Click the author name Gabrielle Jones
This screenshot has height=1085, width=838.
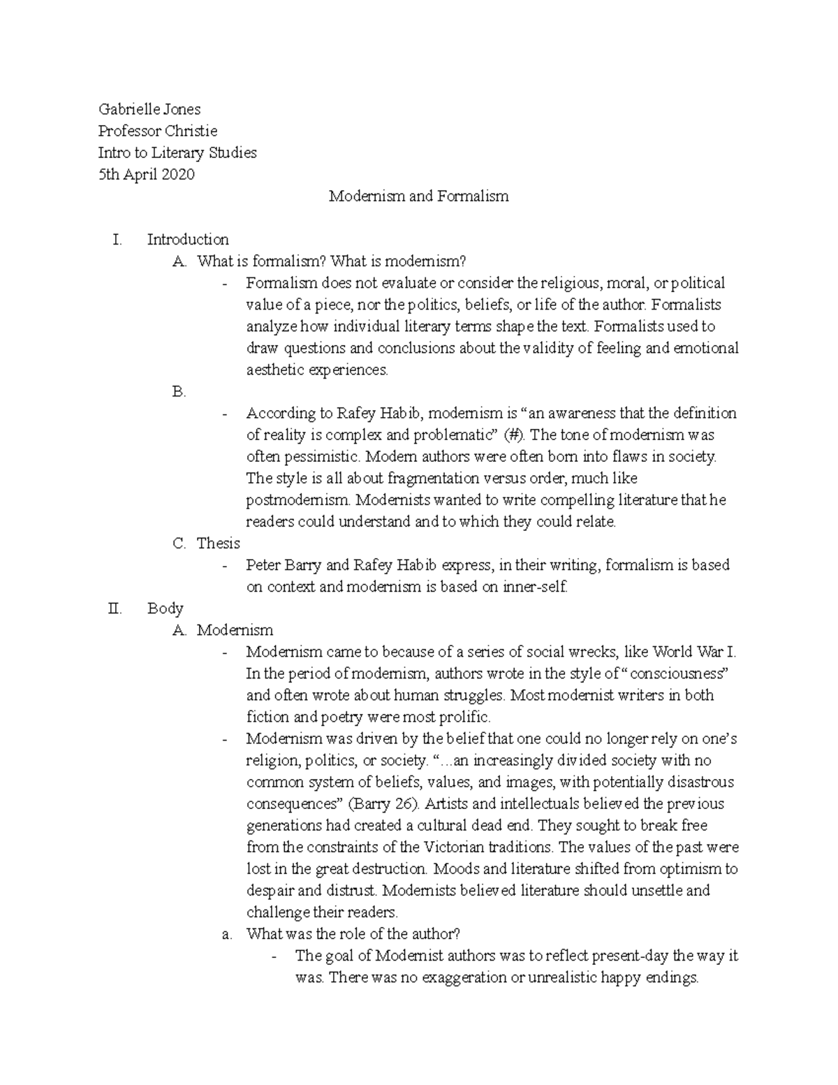coord(149,109)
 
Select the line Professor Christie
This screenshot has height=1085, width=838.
coord(157,131)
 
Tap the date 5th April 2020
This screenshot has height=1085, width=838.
coord(146,174)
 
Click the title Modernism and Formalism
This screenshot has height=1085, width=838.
coord(418,196)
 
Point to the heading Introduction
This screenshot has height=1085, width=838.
coord(188,240)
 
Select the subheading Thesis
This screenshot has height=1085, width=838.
coord(218,544)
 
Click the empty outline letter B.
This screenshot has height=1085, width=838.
coord(179,392)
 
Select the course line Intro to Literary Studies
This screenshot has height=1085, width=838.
coord(177,152)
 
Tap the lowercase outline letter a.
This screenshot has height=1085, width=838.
coord(226,935)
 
